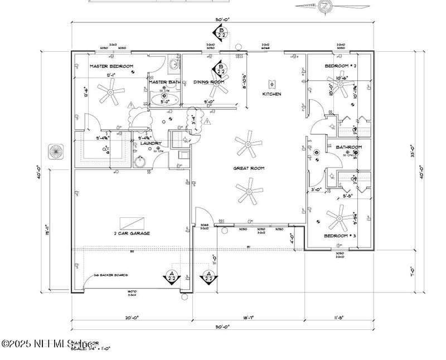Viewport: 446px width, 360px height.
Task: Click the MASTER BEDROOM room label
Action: tap(111, 67)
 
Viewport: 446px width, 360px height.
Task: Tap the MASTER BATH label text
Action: tap(164, 82)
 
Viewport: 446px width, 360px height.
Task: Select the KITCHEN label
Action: tap(272, 94)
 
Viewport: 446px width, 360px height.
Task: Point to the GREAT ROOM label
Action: tap(249, 168)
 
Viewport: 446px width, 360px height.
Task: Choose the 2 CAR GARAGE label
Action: tap(132, 233)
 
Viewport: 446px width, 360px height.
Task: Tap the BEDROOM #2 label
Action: tap(341, 67)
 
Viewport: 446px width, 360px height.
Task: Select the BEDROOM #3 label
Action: tap(340, 236)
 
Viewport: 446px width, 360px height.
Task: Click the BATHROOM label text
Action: tap(349, 147)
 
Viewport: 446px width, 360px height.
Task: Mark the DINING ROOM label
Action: tap(209, 82)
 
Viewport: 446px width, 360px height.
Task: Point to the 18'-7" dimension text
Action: tap(248, 317)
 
